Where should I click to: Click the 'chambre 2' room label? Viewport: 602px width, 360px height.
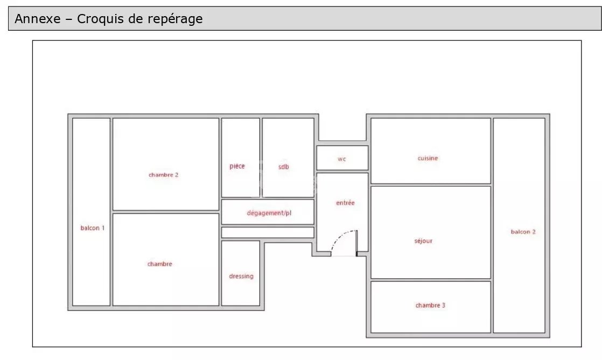click(164, 175)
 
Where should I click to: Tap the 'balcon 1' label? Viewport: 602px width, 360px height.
click(93, 228)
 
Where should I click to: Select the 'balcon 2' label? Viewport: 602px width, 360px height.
click(523, 232)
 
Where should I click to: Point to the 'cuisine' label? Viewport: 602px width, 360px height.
click(428, 158)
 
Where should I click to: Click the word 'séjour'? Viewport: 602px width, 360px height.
click(423, 241)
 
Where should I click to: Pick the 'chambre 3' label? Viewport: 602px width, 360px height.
click(430, 306)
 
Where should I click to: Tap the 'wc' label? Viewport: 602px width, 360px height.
click(342, 159)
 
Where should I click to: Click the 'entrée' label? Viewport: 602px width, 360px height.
click(345, 203)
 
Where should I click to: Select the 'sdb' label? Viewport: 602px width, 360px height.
click(283, 167)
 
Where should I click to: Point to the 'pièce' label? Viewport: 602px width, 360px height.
click(237, 166)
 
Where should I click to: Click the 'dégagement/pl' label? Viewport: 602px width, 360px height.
click(269, 213)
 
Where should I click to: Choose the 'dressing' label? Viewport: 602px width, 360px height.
click(241, 277)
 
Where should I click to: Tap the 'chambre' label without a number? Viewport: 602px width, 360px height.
click(160, 264)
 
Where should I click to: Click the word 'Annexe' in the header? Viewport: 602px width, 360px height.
click(38, 18)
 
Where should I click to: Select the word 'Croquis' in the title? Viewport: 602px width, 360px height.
click(101, 19)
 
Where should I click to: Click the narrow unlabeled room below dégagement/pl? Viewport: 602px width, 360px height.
click(268, 232)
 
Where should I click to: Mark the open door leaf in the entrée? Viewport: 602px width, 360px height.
click(356, 243)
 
